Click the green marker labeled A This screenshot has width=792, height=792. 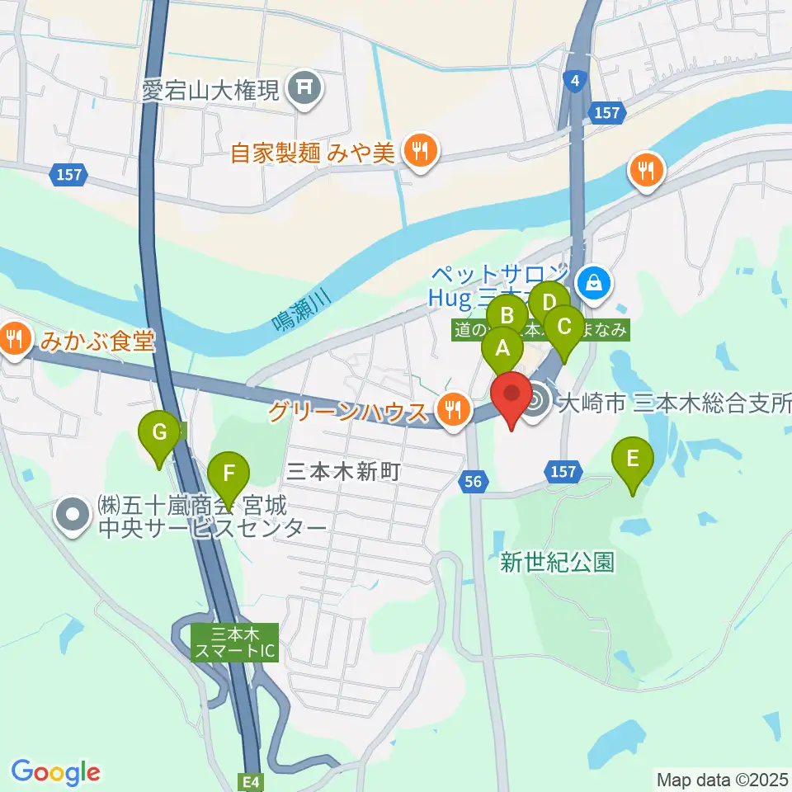(x=502, y=348)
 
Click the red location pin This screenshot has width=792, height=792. (x=512, y=394)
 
